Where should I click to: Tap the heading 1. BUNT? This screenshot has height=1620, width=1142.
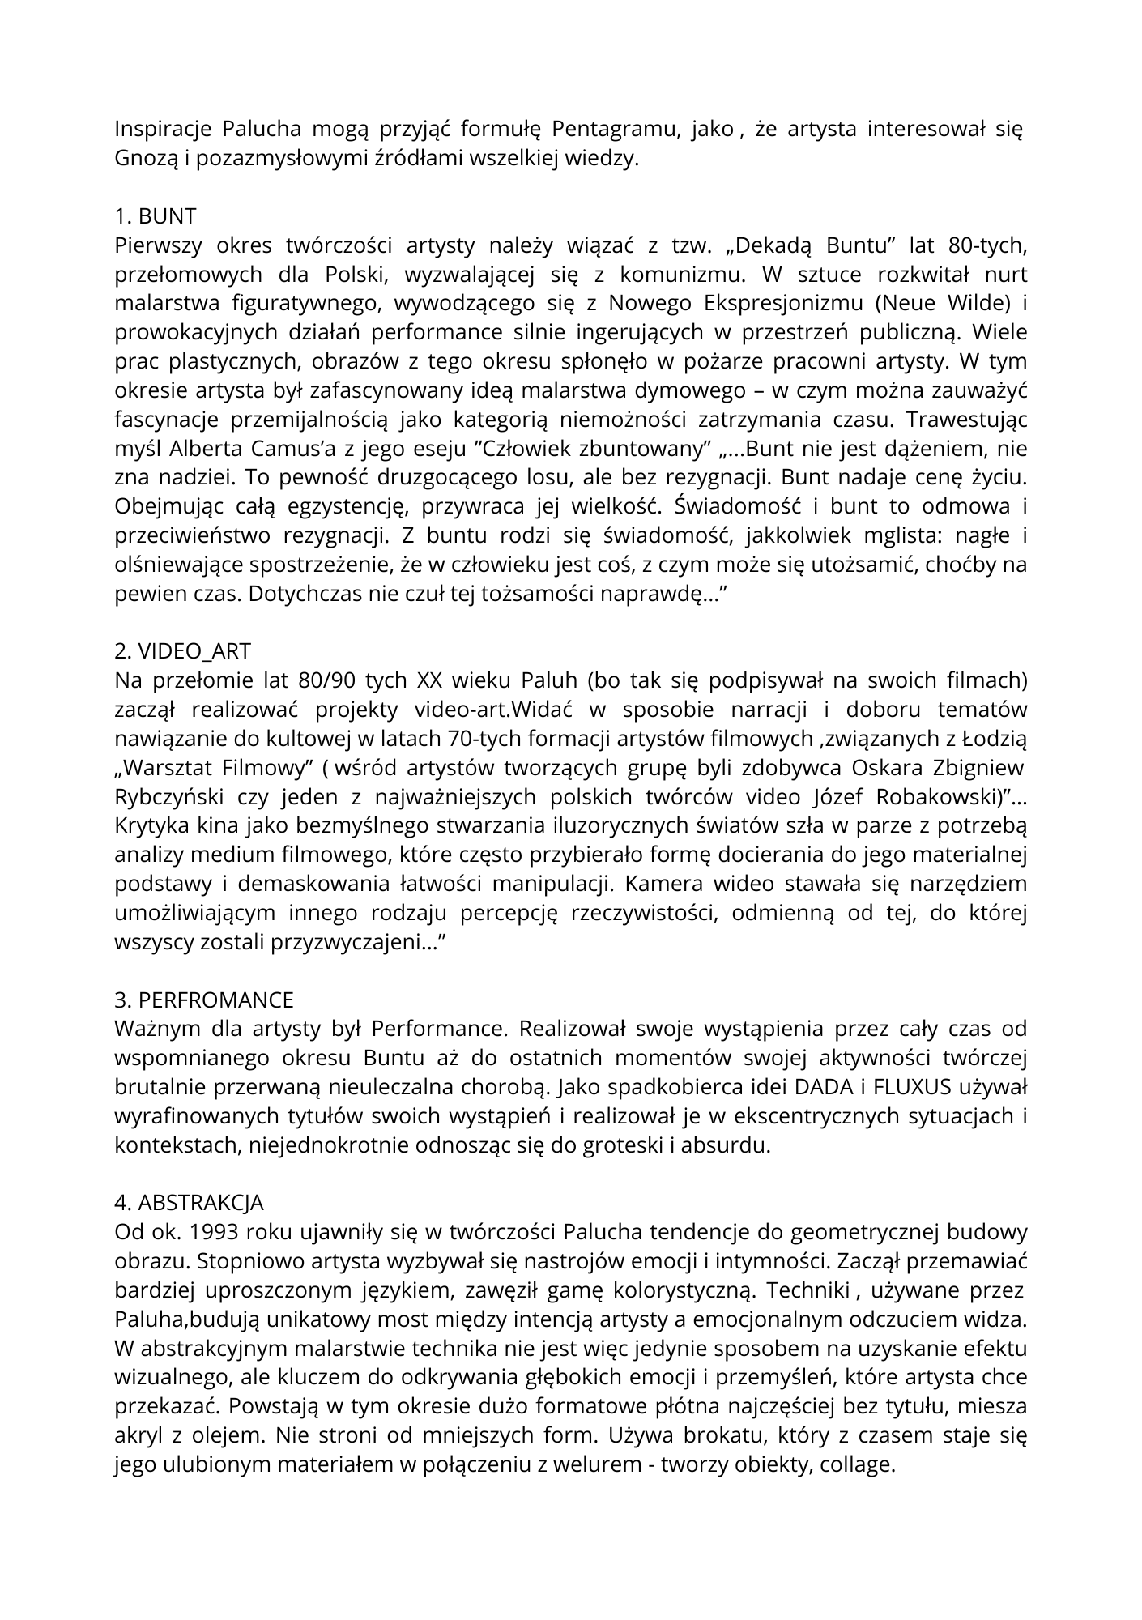(x=156, y=216)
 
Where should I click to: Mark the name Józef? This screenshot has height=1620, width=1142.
(x=838, y=797)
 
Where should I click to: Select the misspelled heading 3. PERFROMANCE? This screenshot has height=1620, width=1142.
(x=204, y=1000)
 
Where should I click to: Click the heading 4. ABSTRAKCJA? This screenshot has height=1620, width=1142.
(x=189, y=1203)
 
